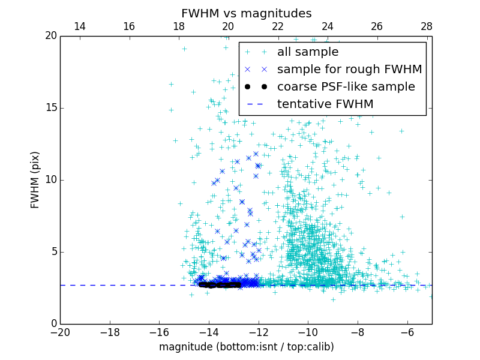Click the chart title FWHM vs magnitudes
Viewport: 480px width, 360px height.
[246, 13]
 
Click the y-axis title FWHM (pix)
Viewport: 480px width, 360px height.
[35, 180]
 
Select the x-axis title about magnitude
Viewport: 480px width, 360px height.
[246, 347]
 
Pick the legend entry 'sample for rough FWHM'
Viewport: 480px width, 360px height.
[349, 70]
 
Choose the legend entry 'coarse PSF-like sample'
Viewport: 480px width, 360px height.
[346, 87]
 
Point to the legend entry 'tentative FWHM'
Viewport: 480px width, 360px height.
[325, 104]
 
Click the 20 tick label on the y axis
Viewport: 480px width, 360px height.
[50, 36]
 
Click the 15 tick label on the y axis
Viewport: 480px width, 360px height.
[50, 108]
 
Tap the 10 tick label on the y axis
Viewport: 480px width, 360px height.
[50, 180]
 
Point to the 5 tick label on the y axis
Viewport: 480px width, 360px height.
[53, 252]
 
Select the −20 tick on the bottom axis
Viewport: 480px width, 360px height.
[60, 332]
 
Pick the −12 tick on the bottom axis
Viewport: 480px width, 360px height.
[258, 332]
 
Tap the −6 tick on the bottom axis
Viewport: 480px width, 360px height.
[407, 332]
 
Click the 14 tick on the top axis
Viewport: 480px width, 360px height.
[79, 26]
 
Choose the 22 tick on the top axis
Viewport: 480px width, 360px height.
[278, 26]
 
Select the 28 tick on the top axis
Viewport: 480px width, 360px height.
[427, 26]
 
